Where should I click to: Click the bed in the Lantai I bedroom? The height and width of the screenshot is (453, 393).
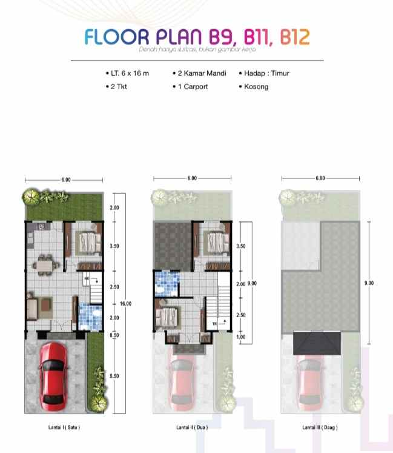point(88,242)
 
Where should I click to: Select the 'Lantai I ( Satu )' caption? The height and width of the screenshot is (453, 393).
point(64,428)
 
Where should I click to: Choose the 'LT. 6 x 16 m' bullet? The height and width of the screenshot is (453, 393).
point(130,73)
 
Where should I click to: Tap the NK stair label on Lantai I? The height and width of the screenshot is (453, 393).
point(87,280)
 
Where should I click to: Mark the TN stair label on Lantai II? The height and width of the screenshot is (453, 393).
point(214,324)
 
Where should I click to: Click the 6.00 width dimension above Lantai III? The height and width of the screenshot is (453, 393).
point(320,178)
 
